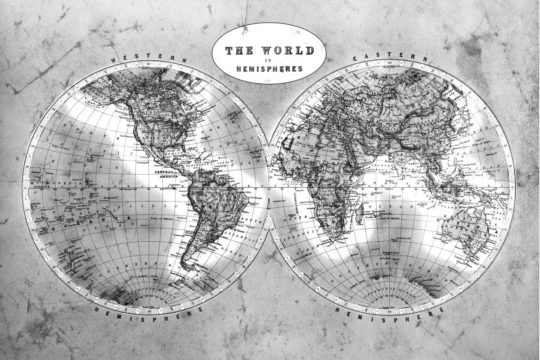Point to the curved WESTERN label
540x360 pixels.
point(148,58)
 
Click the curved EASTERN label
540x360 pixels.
point(391,56)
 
